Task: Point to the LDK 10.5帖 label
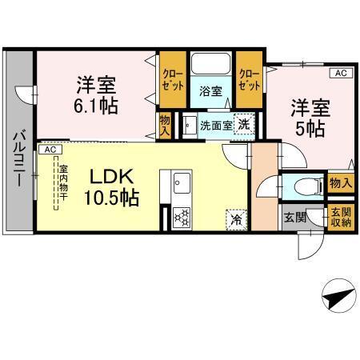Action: (x=113, y=186)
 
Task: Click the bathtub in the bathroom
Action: (x=210, y=66)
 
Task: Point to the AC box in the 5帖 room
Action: (x=340, y=74)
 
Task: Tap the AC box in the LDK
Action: (x=49, y=150)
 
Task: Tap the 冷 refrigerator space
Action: (x=236, y=217)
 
